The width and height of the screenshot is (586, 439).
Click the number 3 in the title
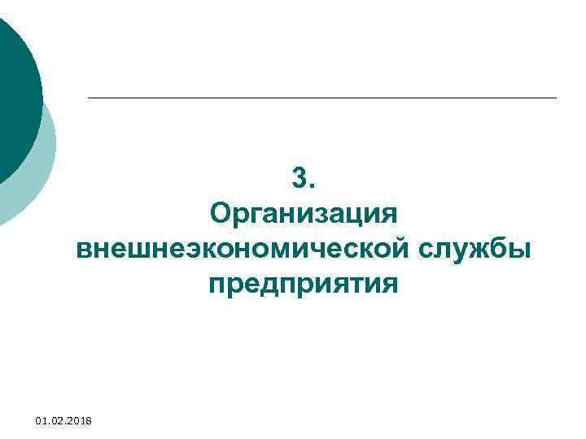click(299, 177)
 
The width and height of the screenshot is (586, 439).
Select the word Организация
click(303, 216)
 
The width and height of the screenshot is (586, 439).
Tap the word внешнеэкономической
click(243, 249)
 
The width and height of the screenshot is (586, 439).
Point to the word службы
click(476, 249)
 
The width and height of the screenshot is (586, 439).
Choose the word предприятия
click(304, 285)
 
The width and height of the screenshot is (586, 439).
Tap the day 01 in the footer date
click(42, 420)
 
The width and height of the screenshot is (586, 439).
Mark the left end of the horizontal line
click(89, 98)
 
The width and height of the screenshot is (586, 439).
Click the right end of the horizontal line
click(556, 98)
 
